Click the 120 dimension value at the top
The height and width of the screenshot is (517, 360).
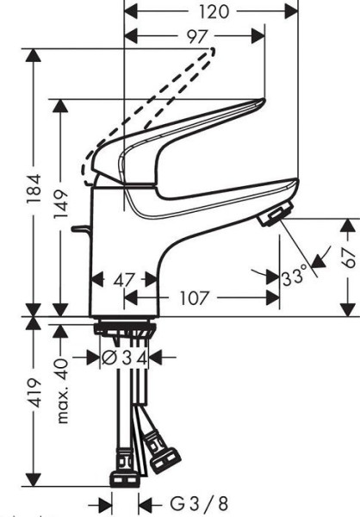(x=214, y=12)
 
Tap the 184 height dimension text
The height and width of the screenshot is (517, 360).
(x=34, y=188)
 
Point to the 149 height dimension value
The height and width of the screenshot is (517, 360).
(x=61, y=203)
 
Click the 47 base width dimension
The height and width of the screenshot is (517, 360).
(x=124, y=281)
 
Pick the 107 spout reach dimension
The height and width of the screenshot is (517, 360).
(x=194, y=298)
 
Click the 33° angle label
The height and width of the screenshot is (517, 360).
(x=294, y=277)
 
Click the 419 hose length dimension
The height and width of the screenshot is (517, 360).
(x=34, y=393)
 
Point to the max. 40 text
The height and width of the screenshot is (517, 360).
(x=62, y=390)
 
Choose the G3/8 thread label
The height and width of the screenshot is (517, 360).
(x=199, y=504)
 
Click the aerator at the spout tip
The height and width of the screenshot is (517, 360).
(x=276, y=214)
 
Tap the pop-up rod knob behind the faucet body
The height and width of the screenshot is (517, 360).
(x=80, y=228)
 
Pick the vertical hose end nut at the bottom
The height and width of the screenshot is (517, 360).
(x=125, y=479)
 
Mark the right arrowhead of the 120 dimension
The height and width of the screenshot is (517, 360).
(x=291, y=12)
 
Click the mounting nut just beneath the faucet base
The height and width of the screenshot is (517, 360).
(x=125, y=329)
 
